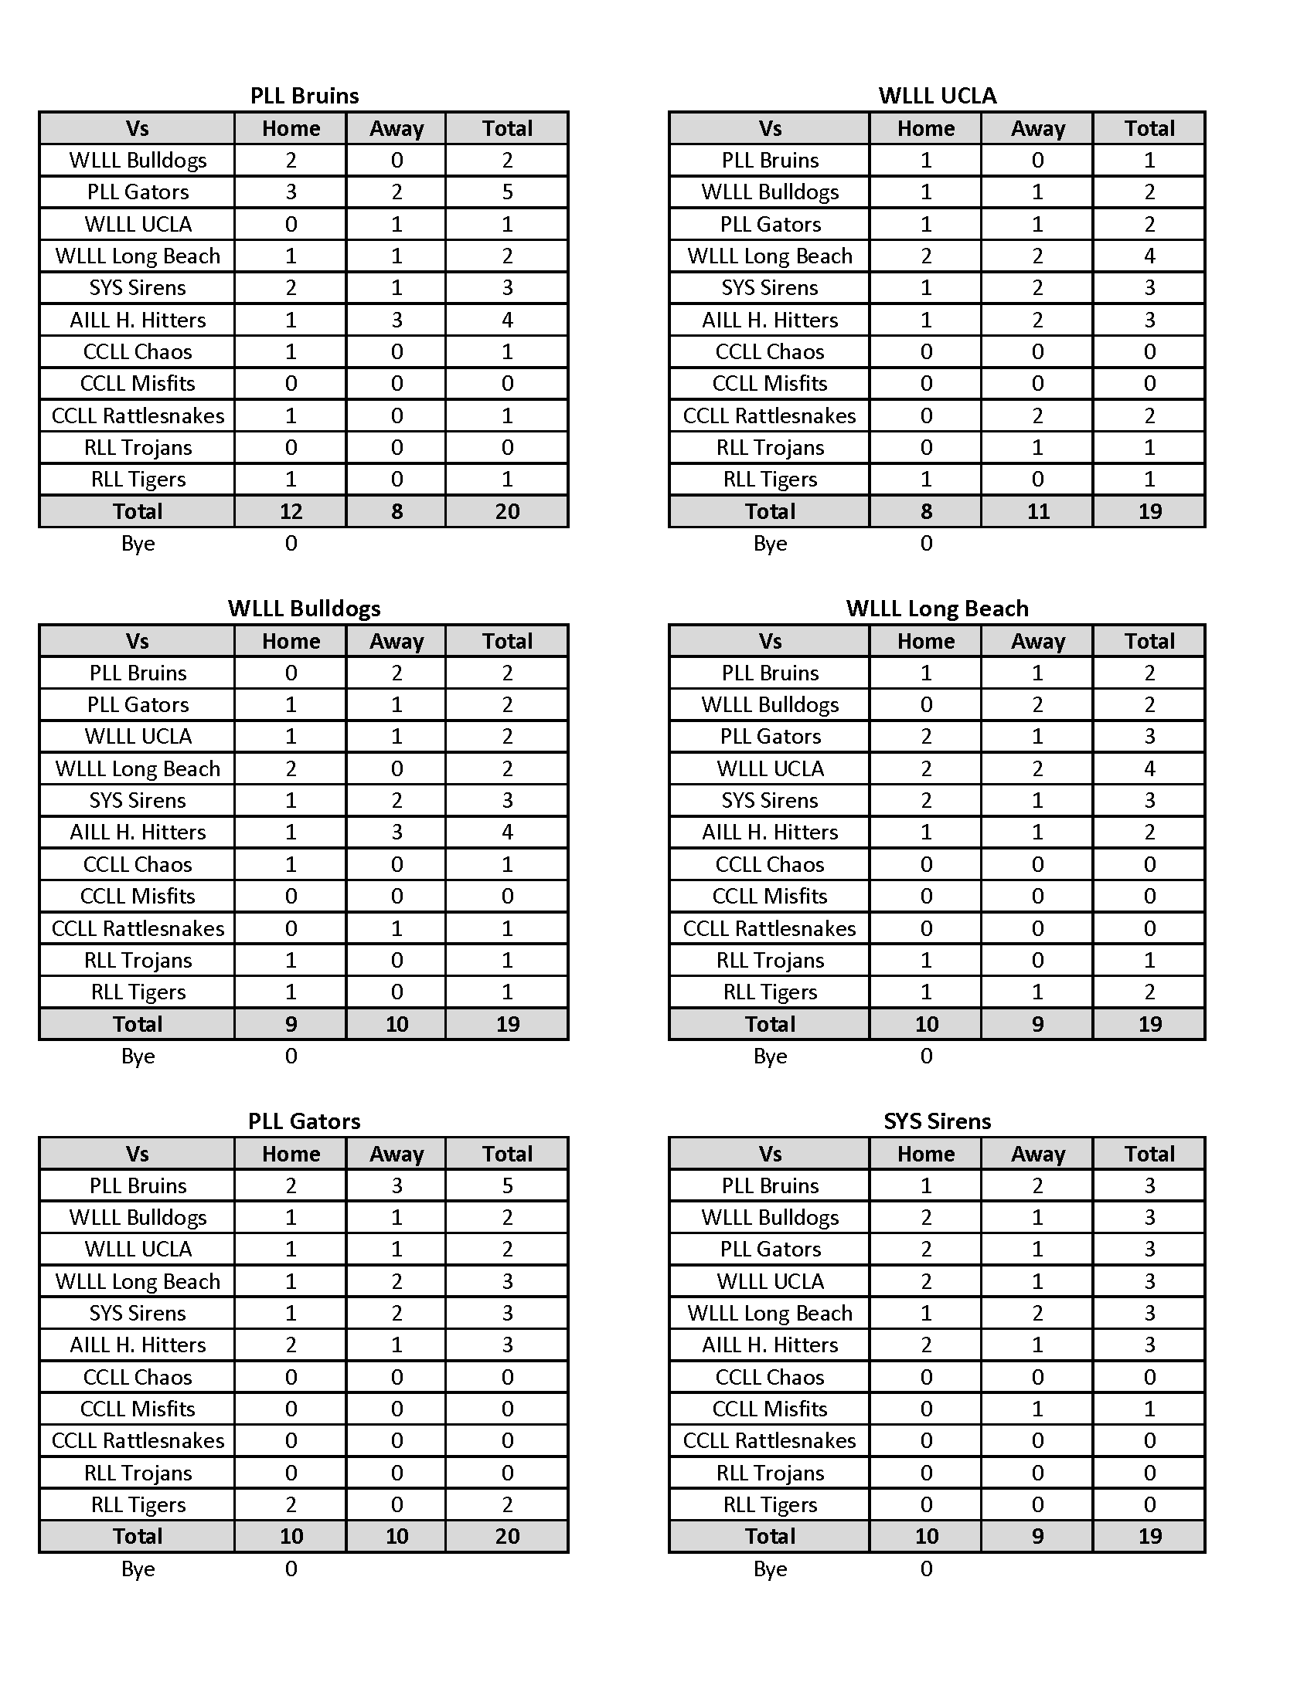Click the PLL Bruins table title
pos(305,96)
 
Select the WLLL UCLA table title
pos(938,96)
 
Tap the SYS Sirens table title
pos(938,1121)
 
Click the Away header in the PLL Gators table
pos(397,1154)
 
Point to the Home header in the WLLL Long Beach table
pos(925,641)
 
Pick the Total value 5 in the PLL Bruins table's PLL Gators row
pos(508,192)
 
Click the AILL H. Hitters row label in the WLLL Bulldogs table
pos(138,833)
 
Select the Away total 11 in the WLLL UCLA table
pos(1037,511)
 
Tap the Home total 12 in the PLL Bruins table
pos(291,511)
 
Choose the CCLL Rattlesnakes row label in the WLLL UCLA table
pos(769,415)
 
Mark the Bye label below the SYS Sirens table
pos(770,1568)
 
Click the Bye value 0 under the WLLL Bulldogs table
pos(291,1056)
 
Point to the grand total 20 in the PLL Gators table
pos(508,1536)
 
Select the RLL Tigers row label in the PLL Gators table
pos(138,1504)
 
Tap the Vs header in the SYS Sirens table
pos(770,1154)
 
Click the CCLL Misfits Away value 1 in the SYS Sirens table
pos(1037,1409)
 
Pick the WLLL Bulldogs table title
pos(305,609)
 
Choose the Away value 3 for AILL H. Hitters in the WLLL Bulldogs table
pos(397,833)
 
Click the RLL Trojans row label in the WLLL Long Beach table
pos(770,960)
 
